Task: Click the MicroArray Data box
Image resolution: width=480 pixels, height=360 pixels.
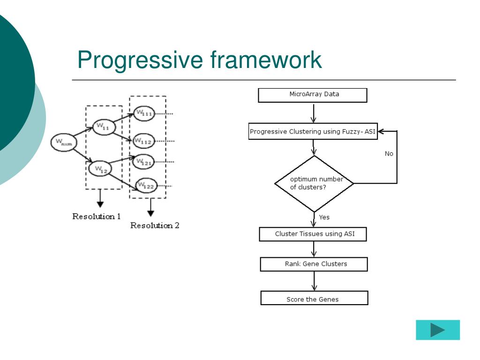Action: (313, 95)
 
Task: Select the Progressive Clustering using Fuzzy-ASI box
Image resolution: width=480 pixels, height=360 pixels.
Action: (313, 132)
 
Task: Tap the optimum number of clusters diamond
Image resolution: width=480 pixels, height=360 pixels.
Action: (314, 183)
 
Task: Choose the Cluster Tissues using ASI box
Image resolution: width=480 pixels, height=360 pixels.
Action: (313, 234)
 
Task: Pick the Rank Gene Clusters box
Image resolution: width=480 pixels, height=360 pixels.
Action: (314, 264)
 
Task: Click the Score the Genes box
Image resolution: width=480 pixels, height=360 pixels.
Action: (314, 299)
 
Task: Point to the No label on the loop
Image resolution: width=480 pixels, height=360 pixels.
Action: (389, 154)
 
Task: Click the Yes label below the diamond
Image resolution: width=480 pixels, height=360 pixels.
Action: (324, 217)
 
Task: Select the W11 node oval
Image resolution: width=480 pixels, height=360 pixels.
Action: (104, 127)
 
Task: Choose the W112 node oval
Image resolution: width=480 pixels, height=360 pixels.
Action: (143, 141)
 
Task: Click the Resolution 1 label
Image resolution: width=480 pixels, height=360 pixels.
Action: (96, 217)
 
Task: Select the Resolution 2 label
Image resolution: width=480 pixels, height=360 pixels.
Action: (155, 225)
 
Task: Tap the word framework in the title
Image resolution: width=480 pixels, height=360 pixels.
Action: (266, 60)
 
